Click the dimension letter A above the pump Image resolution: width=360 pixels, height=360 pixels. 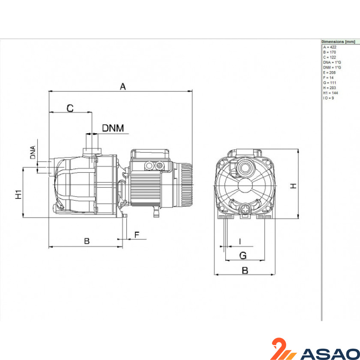[123, 87]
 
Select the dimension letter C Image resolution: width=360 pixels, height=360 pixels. [70, 108]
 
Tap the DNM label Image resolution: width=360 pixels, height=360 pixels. [113, 128]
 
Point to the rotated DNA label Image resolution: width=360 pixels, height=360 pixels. [33, 152]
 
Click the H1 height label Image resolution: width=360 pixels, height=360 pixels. [18, 194]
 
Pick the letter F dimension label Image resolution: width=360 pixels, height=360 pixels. [137, 235]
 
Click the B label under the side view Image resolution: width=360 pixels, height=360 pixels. [87, 241]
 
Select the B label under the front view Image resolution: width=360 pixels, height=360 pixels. [245, 270]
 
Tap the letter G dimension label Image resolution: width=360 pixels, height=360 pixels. [243, 255]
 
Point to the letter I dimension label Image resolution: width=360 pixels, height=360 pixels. [240, 242]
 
